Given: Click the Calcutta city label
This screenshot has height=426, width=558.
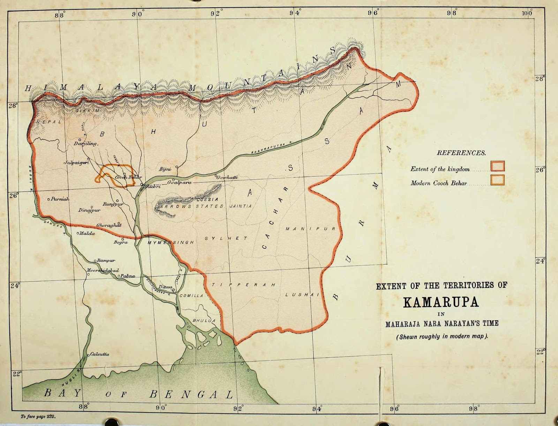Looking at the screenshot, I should point(99,354).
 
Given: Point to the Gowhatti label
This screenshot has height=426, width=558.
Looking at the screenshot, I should point(227,177).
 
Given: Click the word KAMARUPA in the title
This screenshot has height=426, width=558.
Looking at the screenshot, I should point(441,302).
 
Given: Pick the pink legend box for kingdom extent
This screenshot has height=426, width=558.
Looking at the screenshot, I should point(497,166).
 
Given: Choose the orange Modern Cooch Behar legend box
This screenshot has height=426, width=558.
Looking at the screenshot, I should point(497,180).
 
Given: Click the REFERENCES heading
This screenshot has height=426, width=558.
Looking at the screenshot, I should point(461,153).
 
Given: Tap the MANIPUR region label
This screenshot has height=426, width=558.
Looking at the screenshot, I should point(310,229).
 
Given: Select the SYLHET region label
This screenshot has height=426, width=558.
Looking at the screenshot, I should point(226,239).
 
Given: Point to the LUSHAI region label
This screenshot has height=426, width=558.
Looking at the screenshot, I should point(302,294).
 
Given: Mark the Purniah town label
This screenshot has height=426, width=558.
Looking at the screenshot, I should point(60,199).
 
